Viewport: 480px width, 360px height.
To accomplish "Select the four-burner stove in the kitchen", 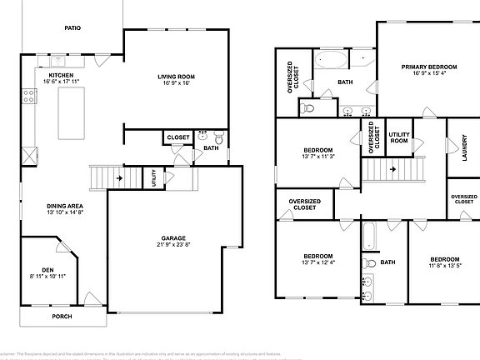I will pyautogui.click(x=30, y=96).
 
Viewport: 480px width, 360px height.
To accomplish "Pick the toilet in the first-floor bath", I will pyautogui.click(x=218, y=138).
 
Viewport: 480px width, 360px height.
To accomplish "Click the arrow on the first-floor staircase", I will pyautogui.click(x=122, y=177).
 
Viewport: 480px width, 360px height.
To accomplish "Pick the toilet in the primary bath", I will pyautogui.click(x=307, y=107).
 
